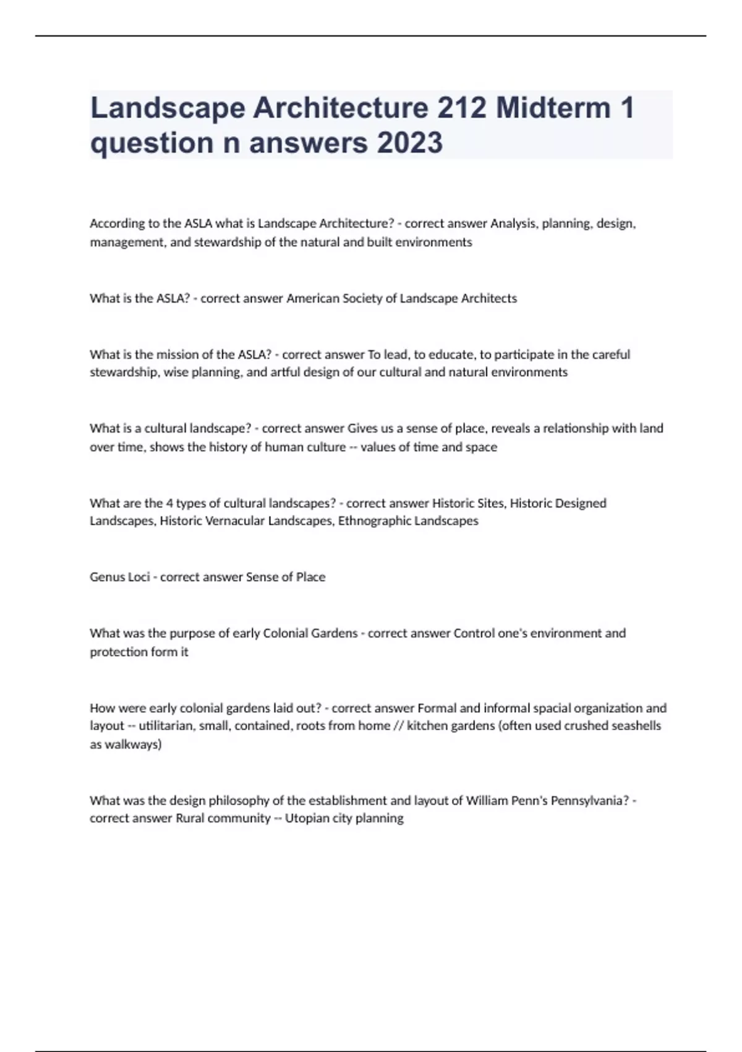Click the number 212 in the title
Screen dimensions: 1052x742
pos(461,108)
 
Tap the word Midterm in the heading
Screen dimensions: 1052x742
pos(553,108)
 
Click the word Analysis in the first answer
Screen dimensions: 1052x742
pos(513,223)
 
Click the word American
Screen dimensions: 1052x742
pos(313,298)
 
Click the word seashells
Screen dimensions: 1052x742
pos(636,725)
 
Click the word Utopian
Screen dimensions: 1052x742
pos(305,818)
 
